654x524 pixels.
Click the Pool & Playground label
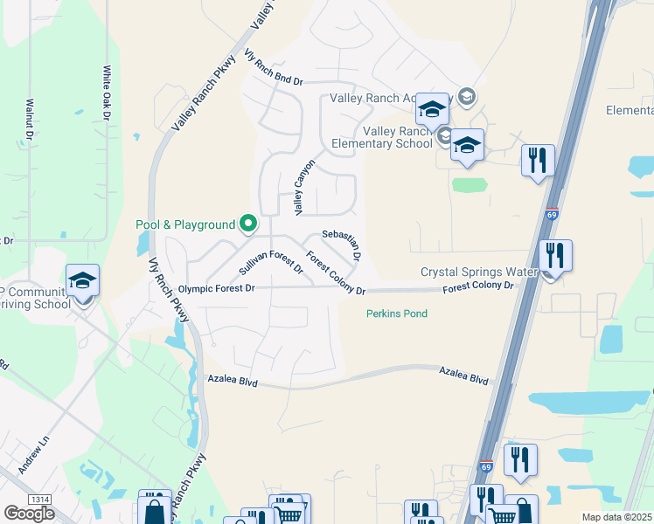(185, 224)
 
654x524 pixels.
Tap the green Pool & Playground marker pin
(247, 224)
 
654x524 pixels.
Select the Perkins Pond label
(397, 314)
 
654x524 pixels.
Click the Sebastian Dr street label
(342, 245)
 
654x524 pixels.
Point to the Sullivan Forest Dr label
(270, 261)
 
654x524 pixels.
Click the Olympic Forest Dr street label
(216, 288)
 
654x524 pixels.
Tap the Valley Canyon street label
(303, 191)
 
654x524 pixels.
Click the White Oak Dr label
(106, 93)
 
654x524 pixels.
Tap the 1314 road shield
(38, 499)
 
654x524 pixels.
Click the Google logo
(29, 514)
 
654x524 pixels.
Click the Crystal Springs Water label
(477, 272)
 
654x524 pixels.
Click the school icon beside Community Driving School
(82, 280)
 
